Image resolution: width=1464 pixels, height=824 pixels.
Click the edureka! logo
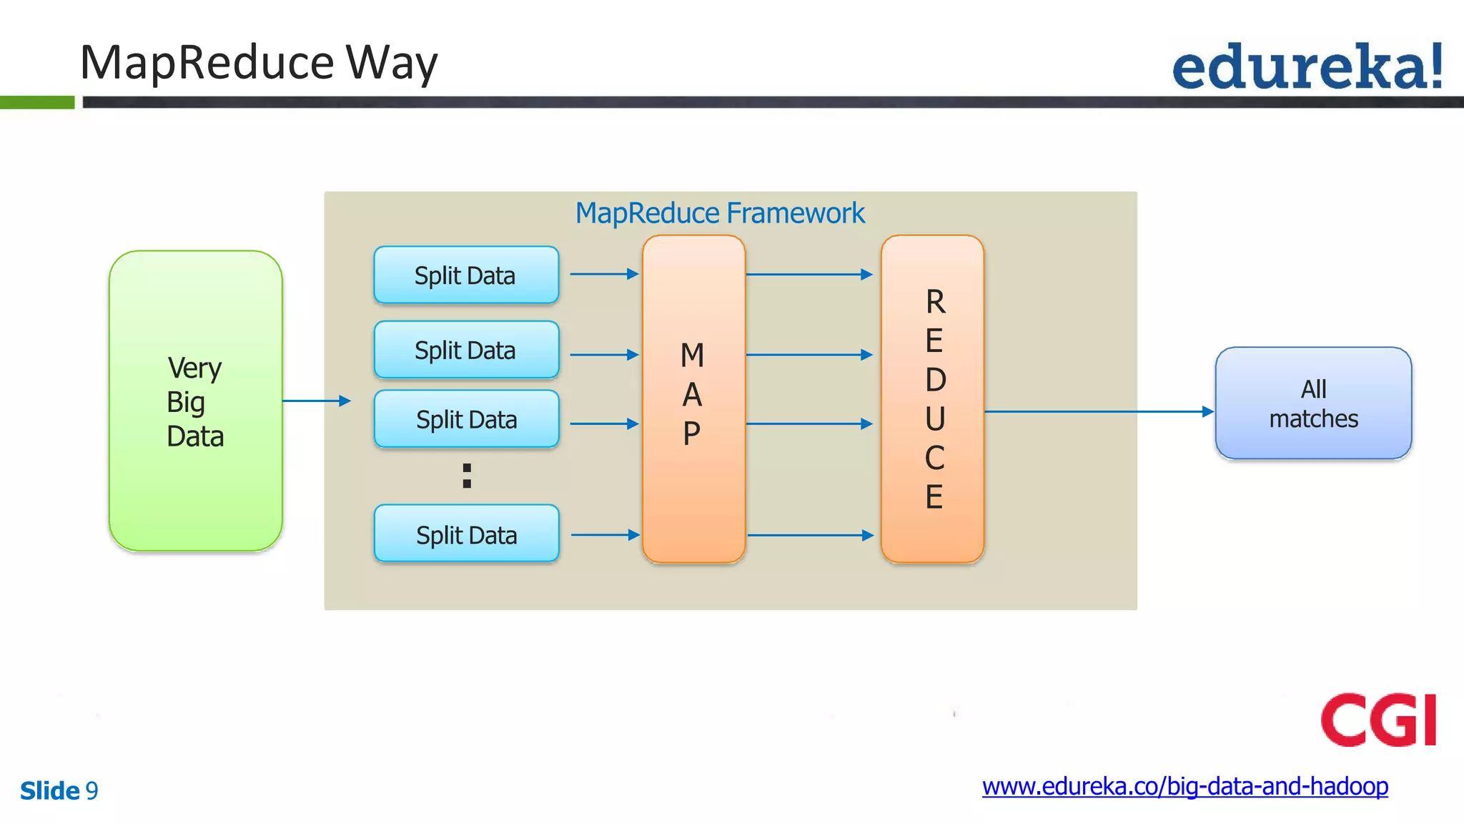click(1307, 67)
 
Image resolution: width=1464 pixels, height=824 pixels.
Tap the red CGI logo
click(1378, 720)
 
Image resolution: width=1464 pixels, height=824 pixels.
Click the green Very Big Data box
click(195, 401)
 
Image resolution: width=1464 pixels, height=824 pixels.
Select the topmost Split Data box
click(466, 275)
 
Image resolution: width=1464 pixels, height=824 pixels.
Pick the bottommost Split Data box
click(466, 534)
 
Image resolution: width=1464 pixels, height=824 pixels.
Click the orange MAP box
click(693, 398)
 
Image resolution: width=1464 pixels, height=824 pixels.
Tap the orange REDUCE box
click(932, 398)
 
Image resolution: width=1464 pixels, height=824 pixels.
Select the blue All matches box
click(1313, 403)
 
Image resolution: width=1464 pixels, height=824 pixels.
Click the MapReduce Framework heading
click(720, 213)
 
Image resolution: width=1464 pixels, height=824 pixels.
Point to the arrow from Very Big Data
click(316, 401)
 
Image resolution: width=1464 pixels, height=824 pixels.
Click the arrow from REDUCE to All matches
click(1098, 411)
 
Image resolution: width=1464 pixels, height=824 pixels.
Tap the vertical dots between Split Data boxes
click(467, 476)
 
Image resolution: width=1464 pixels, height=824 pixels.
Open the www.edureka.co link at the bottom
click(1184, 786)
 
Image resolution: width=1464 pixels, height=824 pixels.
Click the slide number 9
click(91, 790)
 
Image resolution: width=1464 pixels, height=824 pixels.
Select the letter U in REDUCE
click(935, 418)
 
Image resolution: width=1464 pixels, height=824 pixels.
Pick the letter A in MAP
click(692, 395)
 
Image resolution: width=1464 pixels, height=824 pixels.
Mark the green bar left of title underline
click(37, 102)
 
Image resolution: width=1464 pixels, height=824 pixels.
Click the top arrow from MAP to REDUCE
click(808, 274)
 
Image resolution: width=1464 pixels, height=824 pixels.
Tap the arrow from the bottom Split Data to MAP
click(605, 534)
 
